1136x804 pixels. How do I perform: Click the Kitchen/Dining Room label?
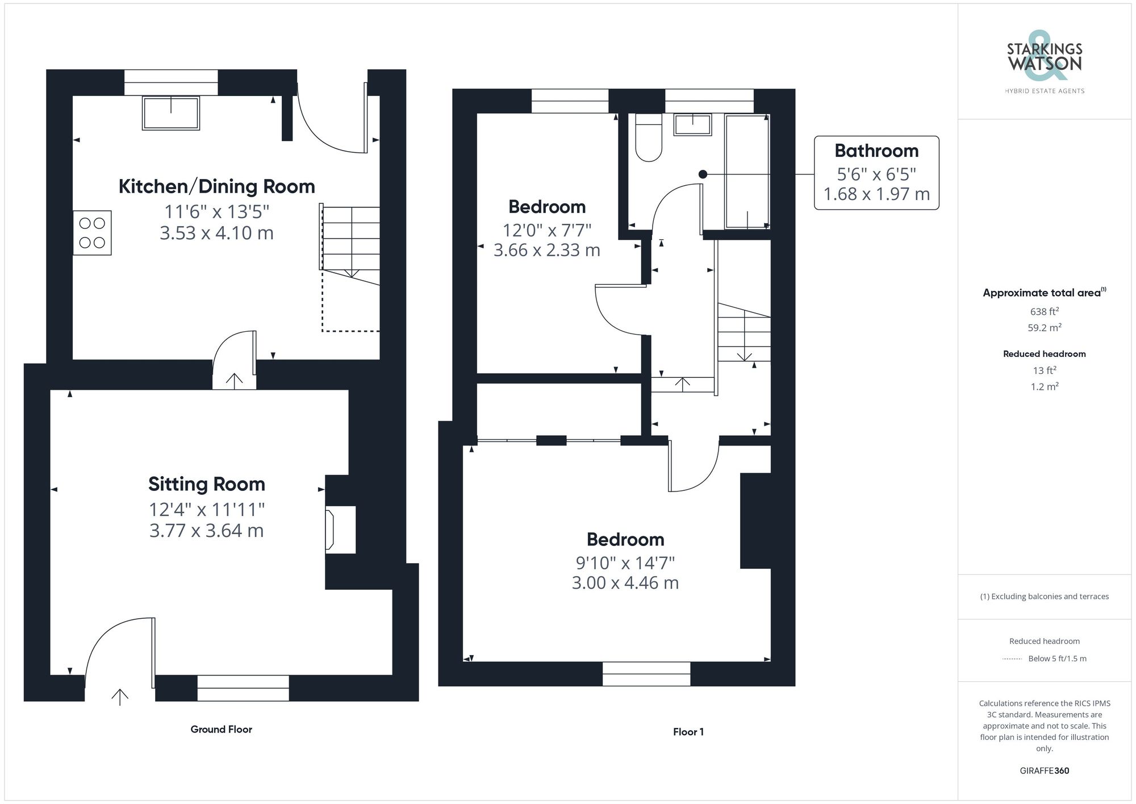[216, 186]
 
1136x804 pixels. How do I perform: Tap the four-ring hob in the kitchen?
[92, 233]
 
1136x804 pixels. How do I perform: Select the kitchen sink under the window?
[171, 113]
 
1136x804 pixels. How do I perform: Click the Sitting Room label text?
[207, 484]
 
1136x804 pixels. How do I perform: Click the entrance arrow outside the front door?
[120, 697]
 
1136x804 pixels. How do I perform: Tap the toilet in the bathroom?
[648, 139]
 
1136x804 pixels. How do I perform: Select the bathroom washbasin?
[692, 124]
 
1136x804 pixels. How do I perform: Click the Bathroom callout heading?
[876, 151]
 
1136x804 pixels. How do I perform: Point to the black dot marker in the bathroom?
[703, 174]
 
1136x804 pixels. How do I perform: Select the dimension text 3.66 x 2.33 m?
[546, 251]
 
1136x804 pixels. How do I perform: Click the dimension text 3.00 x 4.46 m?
[625, 583]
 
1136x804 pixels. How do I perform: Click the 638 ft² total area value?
[1044, 311]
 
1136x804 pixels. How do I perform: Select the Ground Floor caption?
[221, 730]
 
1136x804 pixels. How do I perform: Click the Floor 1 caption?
[688, 732]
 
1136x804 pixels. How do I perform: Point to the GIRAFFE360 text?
[1044, 771]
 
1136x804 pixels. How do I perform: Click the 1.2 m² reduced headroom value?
[1044, 387]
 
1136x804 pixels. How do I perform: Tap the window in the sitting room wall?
[243, 688]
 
